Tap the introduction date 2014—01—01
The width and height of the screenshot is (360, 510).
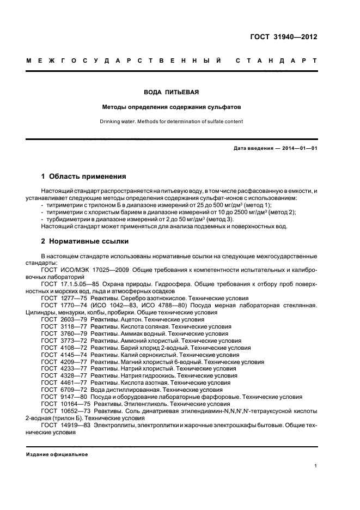click(x=298, y=148)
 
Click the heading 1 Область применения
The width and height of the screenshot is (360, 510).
click(x=84, y=177)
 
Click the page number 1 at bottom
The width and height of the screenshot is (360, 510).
click(x=316, y=466)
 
